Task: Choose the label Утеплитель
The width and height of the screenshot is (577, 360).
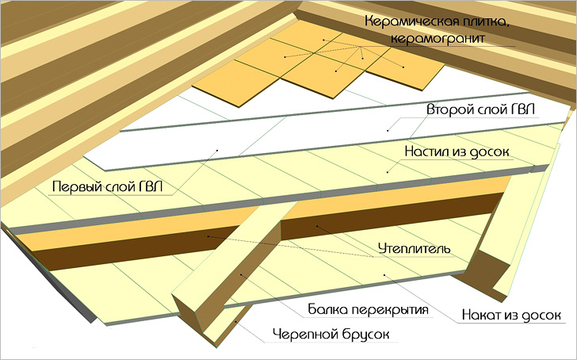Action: [x=415, y=248]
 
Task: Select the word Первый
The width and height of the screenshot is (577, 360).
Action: [x=76, y=187]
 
